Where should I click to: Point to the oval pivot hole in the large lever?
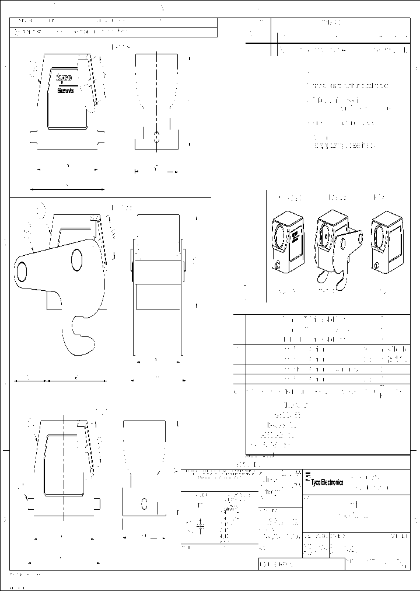pos(77,259)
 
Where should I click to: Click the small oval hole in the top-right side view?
pos(156,138)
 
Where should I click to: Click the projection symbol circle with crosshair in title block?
pos(200,526)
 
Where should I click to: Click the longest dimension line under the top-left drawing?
pos(68,189)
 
